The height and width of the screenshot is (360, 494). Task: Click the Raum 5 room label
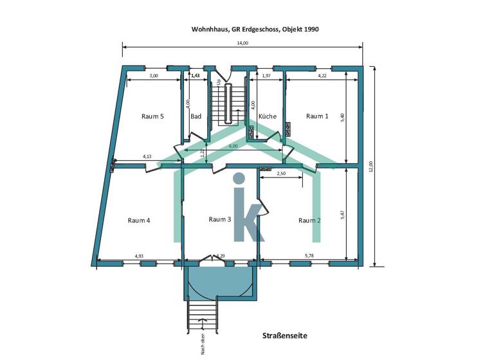[x=152, y=116]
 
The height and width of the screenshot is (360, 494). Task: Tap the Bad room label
[x=196, y=116]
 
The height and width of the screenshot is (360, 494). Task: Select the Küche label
[x=268, y=116]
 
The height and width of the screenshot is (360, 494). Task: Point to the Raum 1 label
[x=317, y=116]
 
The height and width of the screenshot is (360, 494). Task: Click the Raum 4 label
[x=139, y=220]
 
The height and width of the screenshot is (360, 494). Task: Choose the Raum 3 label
[x=220, y=219]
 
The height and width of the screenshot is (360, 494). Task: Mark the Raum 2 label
[x=309, y=220]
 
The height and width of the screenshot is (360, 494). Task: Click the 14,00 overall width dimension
[x=242, y=43]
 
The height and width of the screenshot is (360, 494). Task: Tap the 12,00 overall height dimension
[x=370, y=166]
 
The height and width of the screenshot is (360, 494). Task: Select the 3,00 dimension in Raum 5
[x=154, y=76]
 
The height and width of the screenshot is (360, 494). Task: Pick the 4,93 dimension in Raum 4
[x=139, y=256]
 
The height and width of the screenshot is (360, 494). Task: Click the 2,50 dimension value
[x=281, y=174]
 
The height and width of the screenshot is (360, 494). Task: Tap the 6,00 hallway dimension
[x=233, y=147]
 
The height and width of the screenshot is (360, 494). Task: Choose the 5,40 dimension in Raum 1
[x=342, y=117]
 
